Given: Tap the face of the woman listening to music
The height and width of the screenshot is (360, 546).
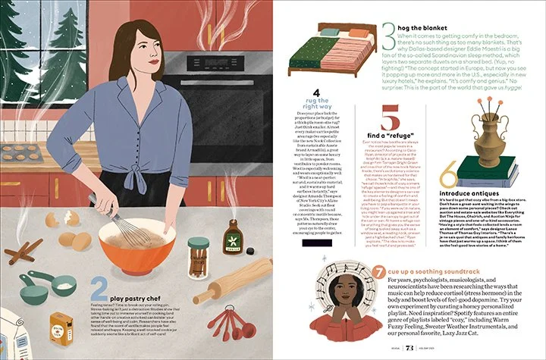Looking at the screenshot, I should [x=349, y=286].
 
